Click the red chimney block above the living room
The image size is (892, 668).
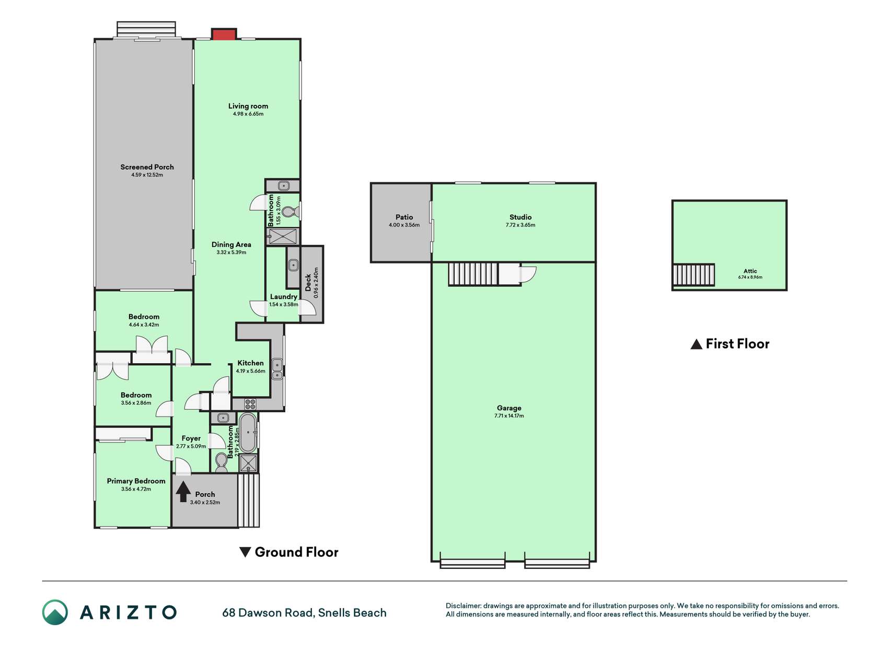(224, 34)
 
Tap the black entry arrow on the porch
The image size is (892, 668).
(183, 492)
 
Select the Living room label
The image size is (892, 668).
(248, 106)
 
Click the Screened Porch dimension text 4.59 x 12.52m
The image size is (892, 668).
(147, 175)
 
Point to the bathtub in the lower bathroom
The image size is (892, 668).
(248, 433)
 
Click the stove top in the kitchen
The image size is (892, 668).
(251, 404)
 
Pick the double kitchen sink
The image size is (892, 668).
(277, 368)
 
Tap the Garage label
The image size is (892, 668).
(509, 408)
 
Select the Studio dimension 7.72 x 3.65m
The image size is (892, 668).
(520, 225)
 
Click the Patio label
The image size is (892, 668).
(404, 217)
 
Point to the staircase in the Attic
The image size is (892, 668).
(693, 275)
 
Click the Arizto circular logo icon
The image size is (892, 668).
(55, 612)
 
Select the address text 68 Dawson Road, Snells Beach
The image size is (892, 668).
(304, 613)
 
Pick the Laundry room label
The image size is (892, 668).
(284, 296)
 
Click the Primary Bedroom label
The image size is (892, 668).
(136, 481)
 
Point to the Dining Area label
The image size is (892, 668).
(231, 244)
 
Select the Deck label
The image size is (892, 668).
(308, 282)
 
